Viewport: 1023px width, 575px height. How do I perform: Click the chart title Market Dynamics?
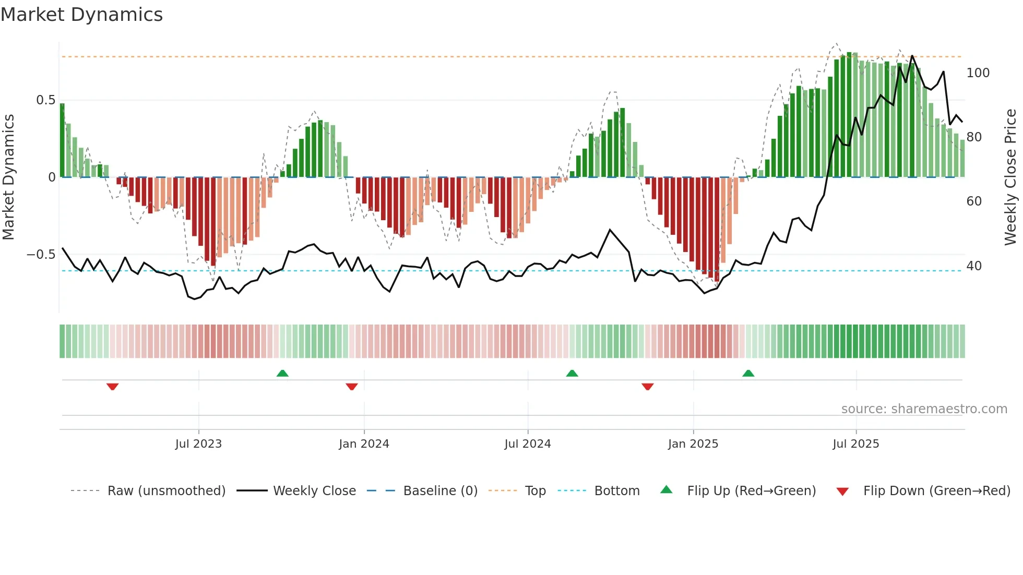[x=82, y=15]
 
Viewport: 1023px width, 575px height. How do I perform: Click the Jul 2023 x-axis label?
[x=198, y=444]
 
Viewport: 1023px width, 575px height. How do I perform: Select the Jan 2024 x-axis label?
[x=364, y=444]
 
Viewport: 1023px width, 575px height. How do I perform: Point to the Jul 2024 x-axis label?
[x=528, y=444]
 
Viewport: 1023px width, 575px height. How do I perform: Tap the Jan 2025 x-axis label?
[x=693, y=444]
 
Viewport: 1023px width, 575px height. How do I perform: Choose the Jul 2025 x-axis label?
[x=856, y=444]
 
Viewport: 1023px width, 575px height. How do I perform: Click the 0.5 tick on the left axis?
[x=45, y=100]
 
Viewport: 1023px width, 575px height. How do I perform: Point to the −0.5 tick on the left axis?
[x=41, y=255]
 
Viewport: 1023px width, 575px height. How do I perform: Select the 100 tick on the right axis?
[x=978, y=73]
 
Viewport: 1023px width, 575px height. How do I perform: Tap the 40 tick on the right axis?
[x=974, y=266]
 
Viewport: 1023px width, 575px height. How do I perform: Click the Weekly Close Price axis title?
[x=1010, y=177]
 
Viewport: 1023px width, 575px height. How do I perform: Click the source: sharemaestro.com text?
[x=924, y=409]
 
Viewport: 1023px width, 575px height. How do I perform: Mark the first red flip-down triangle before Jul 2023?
[x=113, y=387]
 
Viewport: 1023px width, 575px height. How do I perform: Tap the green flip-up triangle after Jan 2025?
[x=748, y=373]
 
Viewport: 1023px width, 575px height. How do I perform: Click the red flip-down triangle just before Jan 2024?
[x=352, y=387]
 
